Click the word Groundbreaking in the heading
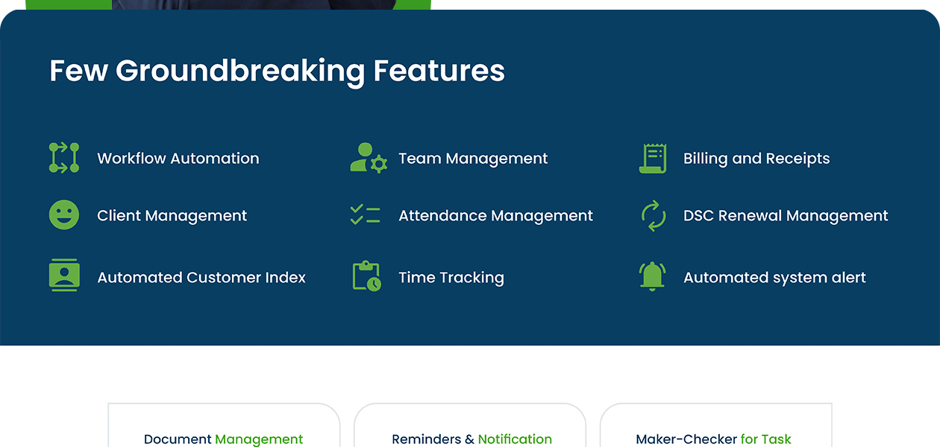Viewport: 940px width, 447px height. pos(240,72)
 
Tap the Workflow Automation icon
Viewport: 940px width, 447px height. pos(64,158)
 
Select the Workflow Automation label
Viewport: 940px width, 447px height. pos(178,158)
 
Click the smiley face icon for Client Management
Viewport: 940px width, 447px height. pos(64,215)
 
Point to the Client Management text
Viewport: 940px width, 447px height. pos(172,216)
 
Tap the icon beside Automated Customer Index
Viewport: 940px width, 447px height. pos(64,276)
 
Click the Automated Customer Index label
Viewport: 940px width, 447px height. pos(201,278)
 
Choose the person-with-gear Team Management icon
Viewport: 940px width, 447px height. pos(368,158)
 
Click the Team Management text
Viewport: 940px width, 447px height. pos(473,159)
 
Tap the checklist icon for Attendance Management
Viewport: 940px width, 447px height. pos(366,215)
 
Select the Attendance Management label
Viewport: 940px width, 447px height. pos(495,216)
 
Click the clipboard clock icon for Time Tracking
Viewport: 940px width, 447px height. pos(366,276)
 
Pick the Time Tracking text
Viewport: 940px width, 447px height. pos(451,278)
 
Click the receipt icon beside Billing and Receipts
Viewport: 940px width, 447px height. pos(653,158)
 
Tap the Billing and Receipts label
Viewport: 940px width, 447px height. pos(756,159)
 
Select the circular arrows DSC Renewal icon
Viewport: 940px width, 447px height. pos(653,215)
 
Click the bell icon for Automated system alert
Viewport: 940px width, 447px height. pos(652,276)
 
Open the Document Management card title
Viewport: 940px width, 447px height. pos(223,439)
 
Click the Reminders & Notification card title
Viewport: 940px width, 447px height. pos(471,439)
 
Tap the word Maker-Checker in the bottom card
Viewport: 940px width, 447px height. pos(686,439)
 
